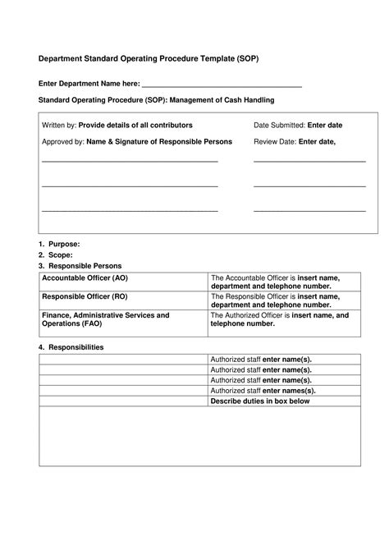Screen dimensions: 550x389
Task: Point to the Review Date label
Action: pyautogui.click(x=275, y=141)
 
